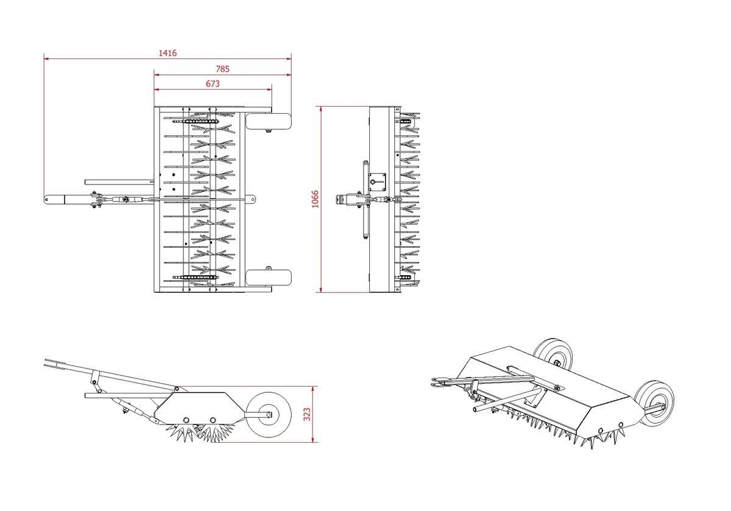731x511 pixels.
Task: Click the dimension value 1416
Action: pyautogui.click(x=168, y=53)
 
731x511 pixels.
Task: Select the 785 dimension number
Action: pyautogui.click(x=222, y=69)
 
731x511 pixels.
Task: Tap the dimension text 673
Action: pyautogui.click(x=213, y=84)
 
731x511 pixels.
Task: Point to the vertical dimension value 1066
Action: pyautogui.click(x=315, y=199)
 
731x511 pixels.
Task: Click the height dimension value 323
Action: pyautogui.click(x=307, y=414)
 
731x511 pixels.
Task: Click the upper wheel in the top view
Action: pyautogui.click(x=268, y=121)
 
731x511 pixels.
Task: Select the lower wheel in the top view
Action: pyautogui.click(x=268, y=277)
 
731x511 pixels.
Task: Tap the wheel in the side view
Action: pyautogui.click(x=268, y=415)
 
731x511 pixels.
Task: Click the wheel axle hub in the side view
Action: pyautogui.click(x=269, y=415)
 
